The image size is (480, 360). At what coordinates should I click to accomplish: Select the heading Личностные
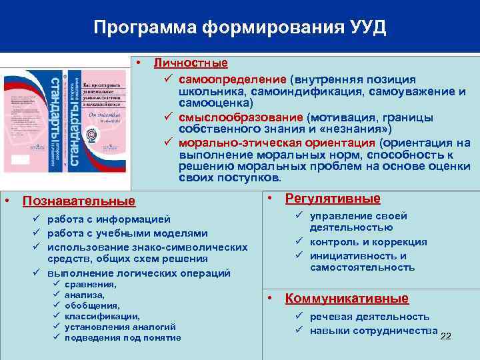tap(191, 63)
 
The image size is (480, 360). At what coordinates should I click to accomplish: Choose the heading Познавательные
tap(79, 201)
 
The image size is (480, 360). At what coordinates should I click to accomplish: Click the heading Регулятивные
tap(333, 198)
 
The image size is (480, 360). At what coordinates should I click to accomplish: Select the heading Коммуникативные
tap(347, 299)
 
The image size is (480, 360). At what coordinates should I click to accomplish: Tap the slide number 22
tap(446, 335)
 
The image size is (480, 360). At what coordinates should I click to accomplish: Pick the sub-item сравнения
tap(90, 285)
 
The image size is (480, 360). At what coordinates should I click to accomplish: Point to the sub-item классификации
tap(102, 317)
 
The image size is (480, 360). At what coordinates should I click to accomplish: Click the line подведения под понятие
tap(123, 338)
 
